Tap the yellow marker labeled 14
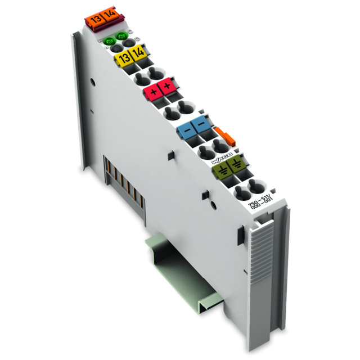pos(137,56)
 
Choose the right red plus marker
pos(166,87)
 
